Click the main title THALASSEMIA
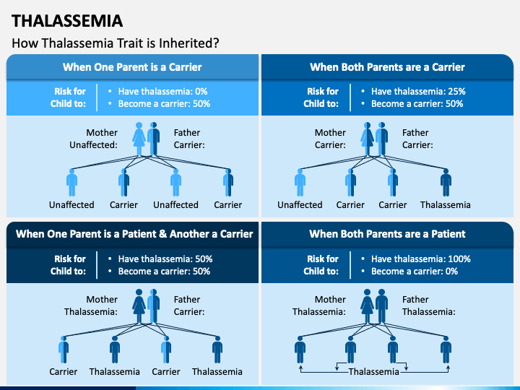coord(67,20)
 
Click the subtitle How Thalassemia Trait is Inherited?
coord(116,43)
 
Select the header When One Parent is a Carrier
coord(132,67)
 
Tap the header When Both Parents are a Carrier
coord(387,67)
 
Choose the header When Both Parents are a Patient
coord(387,234)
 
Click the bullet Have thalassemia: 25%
coord(418,92)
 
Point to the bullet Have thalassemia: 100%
coord(420,259)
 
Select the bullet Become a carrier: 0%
coord(415,271)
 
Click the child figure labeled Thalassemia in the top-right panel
coord(446,183)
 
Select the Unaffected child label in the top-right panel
coord(300,204)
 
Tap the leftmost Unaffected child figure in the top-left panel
coord(71,183)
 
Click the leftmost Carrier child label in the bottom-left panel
coord(64,372)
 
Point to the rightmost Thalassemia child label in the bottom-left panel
coord(217,372)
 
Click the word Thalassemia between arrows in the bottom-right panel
coord(374,372)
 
